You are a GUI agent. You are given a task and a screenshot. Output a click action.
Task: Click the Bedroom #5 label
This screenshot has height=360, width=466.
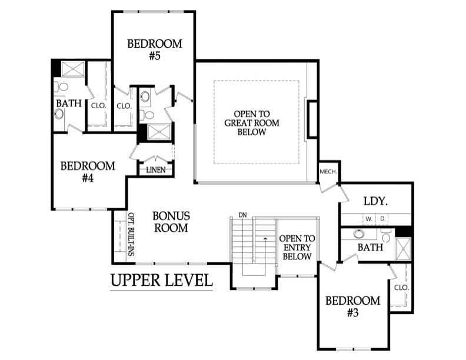[x=155, y=49]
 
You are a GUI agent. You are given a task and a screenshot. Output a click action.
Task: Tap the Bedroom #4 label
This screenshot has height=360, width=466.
[x=88, y=172]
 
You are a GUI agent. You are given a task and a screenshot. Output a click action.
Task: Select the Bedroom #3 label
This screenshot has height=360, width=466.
[x=353, y=306]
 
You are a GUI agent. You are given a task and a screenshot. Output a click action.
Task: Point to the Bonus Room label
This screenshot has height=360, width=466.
[x=171, y=222]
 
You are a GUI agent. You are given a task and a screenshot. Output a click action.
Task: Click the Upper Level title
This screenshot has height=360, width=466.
[x=162, y=280]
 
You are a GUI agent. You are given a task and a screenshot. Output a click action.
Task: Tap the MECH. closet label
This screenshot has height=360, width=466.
[x=328, y=172]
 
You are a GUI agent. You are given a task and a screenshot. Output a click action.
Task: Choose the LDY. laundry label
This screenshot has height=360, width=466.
[x=375, y=201]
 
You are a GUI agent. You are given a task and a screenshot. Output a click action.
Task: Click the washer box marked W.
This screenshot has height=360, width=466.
[x=369, y=219]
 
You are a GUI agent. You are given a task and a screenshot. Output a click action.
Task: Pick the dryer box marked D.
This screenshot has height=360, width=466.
[x=382, y=219]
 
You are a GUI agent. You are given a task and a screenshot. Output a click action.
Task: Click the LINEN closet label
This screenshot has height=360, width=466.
[x=156, y=170]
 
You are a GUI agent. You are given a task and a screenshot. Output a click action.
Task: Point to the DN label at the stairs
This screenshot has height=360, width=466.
[x=243, y=215]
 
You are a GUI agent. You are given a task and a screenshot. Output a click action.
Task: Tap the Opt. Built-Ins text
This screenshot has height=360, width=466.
[x=131, y=234]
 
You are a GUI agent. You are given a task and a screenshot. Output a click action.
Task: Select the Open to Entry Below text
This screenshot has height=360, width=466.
[x=297, y=248]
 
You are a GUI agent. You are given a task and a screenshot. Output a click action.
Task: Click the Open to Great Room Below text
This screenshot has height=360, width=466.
[x=252, y=123]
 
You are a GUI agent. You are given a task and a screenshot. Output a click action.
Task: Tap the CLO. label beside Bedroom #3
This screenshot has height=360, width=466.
[x=402, y=288]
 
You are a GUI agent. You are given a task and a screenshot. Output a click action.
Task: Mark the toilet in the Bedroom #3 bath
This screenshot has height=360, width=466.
[x=386, y=236]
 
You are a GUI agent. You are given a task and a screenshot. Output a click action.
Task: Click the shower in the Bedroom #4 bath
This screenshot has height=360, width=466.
[x=73, y=69]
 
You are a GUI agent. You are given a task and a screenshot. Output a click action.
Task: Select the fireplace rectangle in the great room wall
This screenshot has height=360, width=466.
[x=312, y=119]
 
